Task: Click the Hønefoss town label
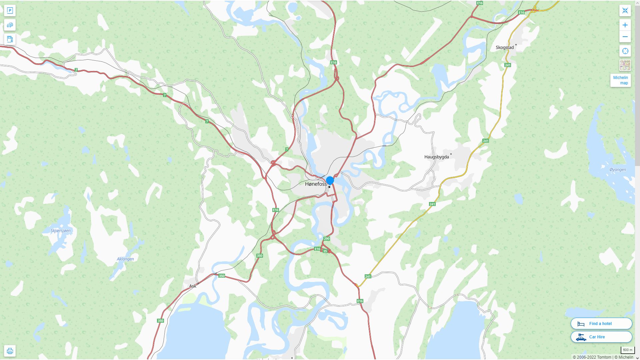click(315, 184)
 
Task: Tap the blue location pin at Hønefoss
click(330, 181)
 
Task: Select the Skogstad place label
click(505, 47)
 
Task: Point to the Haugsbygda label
click(436, 157)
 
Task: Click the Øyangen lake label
click(618, 170)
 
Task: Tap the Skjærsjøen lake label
click(61, 231)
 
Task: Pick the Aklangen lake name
click(125, 259)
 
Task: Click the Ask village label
click(193, 286)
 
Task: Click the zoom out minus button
click(625, 37)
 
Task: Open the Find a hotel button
click(601, 324)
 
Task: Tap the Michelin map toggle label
click(620, 80)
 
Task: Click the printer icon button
click(10, 351)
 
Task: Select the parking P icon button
click(10, 11)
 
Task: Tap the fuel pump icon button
click(10, 39)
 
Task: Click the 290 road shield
click(327, 239)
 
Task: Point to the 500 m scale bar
click(628, 350)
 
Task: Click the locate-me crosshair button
click(625, 51)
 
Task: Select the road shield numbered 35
click(325, 251)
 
